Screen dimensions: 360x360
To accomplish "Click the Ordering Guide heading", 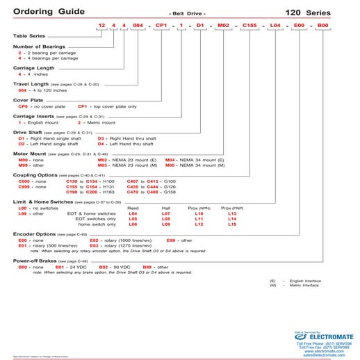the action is pyautogui.click(x=42, y=13).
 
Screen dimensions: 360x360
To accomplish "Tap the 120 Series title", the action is pyautogui.click(x=326, y=13).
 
